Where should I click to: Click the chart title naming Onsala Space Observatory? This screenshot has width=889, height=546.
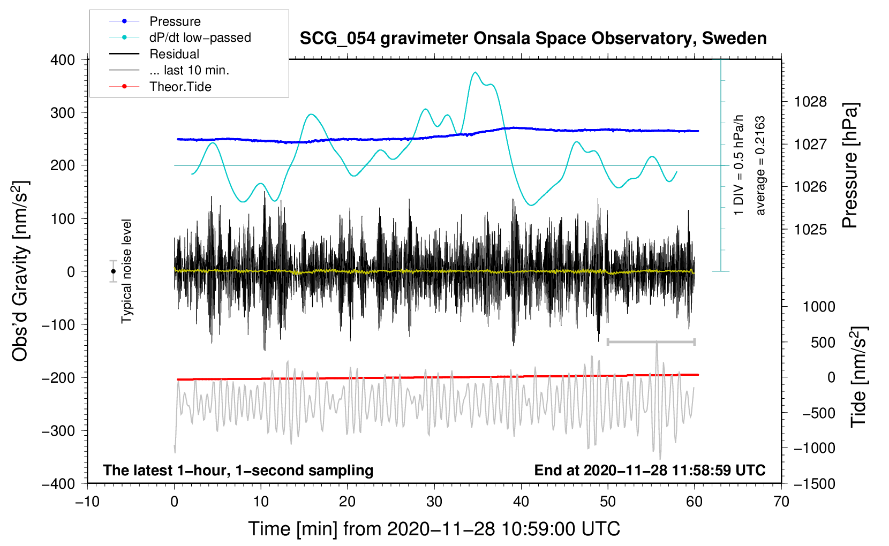click(x=533, y=39)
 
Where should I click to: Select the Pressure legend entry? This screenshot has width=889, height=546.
click(x=175, y=21)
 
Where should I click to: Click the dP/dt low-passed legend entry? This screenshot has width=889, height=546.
click(x=200, y=37)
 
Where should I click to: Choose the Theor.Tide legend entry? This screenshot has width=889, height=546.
click(x=180, y=87)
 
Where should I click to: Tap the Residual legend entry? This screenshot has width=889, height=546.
click(x=174, y=54)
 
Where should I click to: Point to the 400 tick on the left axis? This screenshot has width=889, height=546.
click(x=63, y=60)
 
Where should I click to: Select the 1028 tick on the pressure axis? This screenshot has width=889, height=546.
click(x=810, y=102)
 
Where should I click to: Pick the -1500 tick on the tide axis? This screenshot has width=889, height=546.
click(x=814, y=484)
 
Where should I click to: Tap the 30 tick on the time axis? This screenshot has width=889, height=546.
click(x=434, y=502)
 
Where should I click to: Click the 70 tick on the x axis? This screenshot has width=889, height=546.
click(x=781, y=502)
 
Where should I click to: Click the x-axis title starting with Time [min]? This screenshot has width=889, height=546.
click(x=434, y=529)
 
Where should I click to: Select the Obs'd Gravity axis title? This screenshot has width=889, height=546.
click(x=20, y=271)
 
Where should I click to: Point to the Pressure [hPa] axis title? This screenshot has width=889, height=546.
click(x=850, y=165)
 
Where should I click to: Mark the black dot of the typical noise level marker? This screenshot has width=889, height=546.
click(x=114, y=271)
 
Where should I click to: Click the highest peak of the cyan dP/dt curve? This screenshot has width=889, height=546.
click(x=475, y=72)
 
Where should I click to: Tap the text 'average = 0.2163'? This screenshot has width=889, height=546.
click(x=760, y=165)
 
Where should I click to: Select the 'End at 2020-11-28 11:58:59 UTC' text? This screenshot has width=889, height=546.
click(x=650, y=471)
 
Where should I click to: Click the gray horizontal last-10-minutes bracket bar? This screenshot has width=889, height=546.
click(x=651, y=342)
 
